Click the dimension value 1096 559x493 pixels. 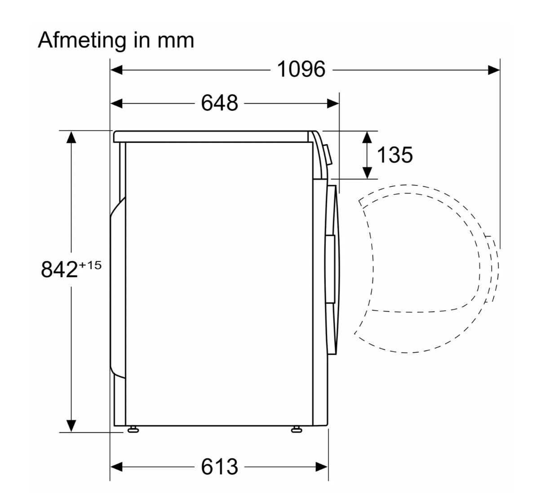click(x=301, y=69)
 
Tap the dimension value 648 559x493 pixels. click(x=219, y=103)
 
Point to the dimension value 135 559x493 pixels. click(x=395, y=155)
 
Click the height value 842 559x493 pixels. click(x=59, y=269)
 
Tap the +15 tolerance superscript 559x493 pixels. click(x=90, y=265)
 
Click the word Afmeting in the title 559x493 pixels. click(x=82, y=41)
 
